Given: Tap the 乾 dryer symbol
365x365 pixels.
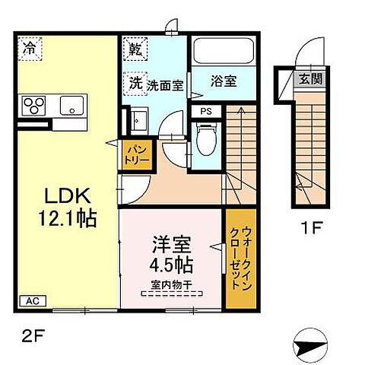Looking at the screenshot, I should point(135,50).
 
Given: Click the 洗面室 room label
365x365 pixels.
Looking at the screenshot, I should point(165,86).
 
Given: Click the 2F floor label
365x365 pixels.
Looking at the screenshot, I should point(24,333).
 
